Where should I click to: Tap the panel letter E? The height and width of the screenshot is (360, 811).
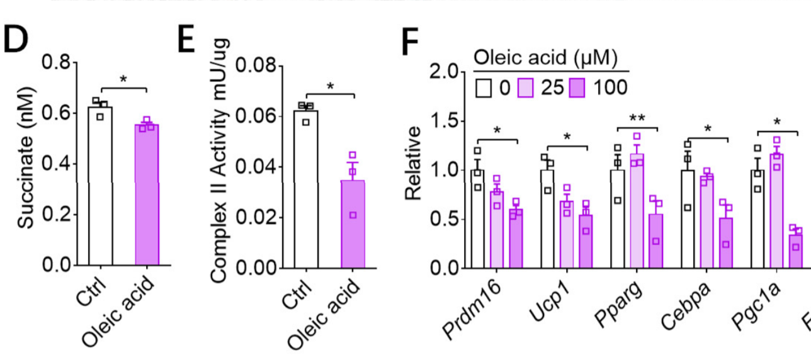187,43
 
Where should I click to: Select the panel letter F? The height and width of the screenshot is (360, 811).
410,43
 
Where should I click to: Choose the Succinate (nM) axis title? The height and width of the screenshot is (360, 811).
26,166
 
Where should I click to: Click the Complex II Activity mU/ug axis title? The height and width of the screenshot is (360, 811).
220,166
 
